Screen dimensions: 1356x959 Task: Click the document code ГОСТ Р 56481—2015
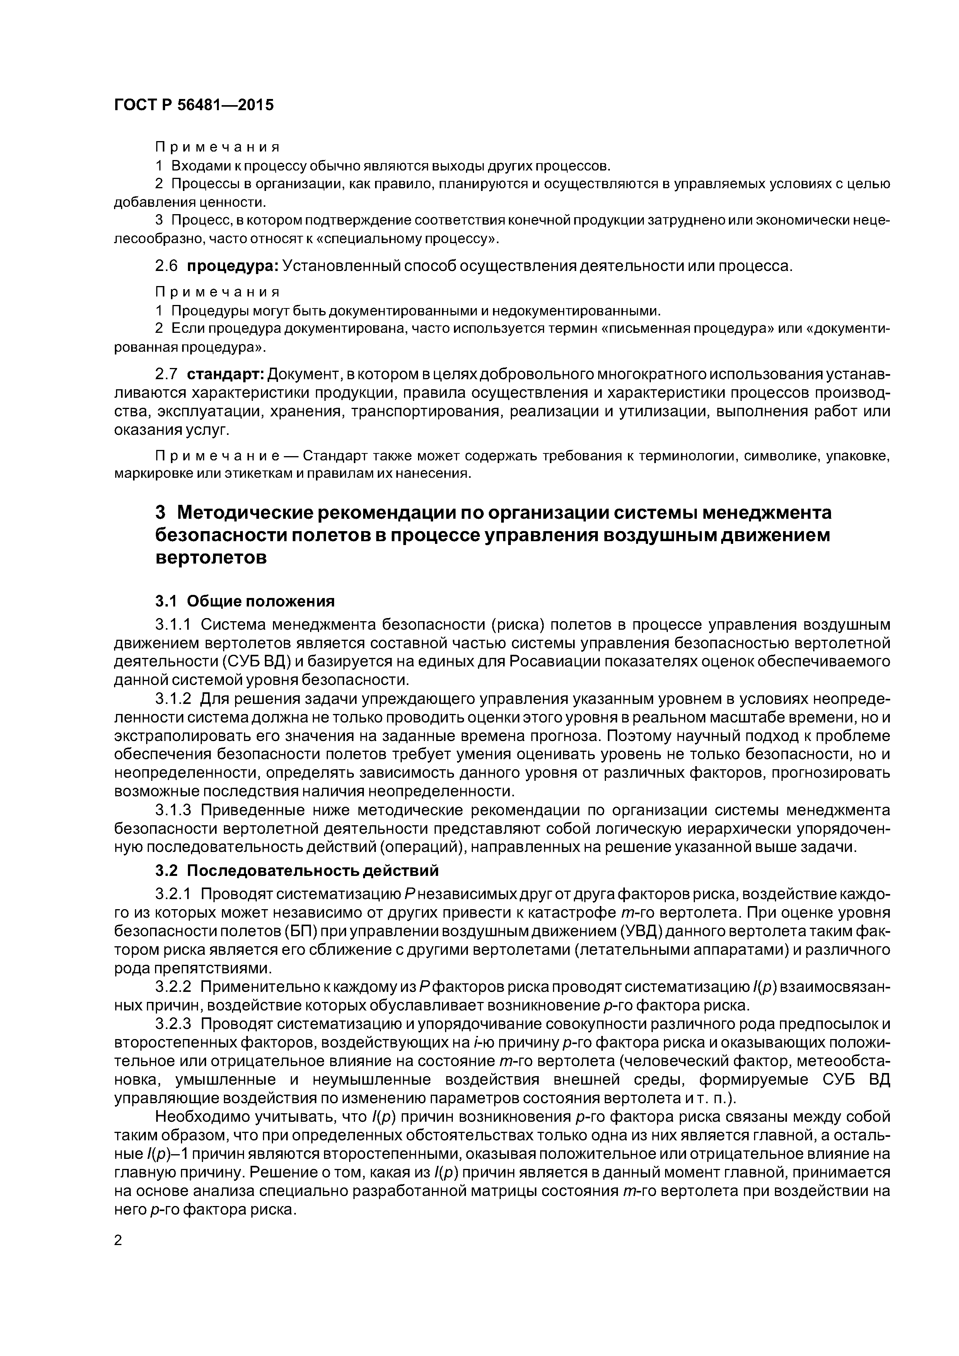coord(194,105)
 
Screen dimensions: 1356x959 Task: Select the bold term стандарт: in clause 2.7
coord(226,375)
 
